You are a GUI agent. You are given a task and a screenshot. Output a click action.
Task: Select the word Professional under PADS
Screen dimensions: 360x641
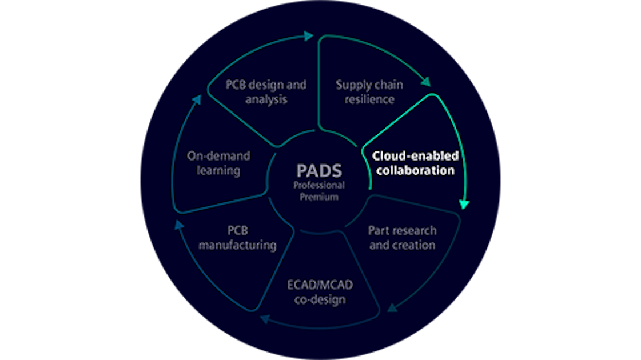319,186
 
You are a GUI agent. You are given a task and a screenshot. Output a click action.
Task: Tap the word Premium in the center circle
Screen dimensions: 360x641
319,197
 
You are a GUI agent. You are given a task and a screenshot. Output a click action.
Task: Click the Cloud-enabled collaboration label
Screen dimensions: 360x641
414,163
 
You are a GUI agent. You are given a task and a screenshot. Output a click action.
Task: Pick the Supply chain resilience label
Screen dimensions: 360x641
369,91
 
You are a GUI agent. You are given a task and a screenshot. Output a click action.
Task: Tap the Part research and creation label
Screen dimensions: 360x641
402,238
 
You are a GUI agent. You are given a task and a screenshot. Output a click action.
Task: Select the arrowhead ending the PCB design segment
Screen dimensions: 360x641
308,37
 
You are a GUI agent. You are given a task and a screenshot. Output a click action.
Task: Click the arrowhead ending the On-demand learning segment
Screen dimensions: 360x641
197,100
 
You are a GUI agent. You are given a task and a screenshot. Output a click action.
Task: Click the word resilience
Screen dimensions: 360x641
369,99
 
